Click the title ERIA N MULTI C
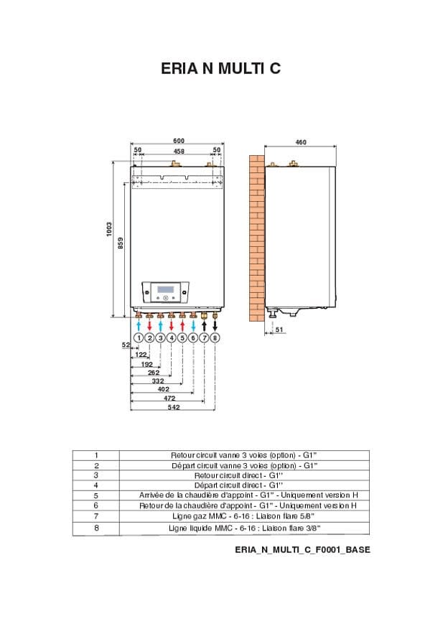click(220, 69)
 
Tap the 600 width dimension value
click(179, 140)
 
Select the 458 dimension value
click(179, 151)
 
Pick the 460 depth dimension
click(301, 142)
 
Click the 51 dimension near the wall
click(279, 330)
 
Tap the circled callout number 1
click(139, 337)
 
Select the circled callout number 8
click(215, 337)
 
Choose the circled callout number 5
click(182, 337)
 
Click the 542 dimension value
click(173, 407)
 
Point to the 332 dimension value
click(157, 381)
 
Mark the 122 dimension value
click(141, 355)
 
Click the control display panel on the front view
click(166, 292)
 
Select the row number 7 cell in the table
click(95, 516)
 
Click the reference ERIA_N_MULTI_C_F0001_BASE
click(302, 549)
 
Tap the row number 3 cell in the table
click(95, 475)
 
